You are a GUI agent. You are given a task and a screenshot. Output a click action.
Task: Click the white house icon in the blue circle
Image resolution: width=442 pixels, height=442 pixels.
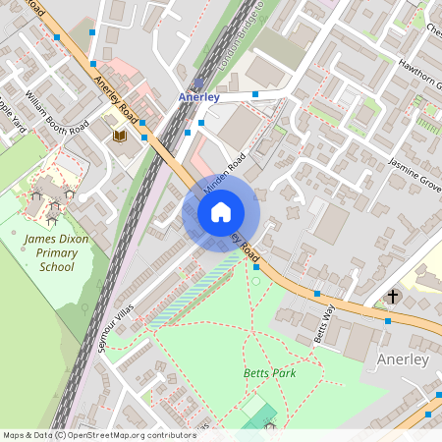click(221, 212)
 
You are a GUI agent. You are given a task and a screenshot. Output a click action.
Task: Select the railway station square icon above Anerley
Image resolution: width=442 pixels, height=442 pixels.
click(200, 83)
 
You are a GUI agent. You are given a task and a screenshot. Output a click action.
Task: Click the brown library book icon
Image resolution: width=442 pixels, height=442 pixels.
click(120, 136)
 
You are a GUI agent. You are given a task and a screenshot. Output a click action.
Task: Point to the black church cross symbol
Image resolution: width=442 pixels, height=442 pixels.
click(393, 296)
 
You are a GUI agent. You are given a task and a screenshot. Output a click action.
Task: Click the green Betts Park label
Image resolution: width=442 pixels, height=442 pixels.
click(269, 373)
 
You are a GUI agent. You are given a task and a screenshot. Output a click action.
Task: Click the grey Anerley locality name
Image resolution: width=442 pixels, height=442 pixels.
click(403, 359)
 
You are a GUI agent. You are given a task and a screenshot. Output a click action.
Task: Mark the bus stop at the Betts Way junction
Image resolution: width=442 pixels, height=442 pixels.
click(317, 293)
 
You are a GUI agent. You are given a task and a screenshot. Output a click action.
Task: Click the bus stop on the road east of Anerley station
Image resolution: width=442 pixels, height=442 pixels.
click(254, 94)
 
